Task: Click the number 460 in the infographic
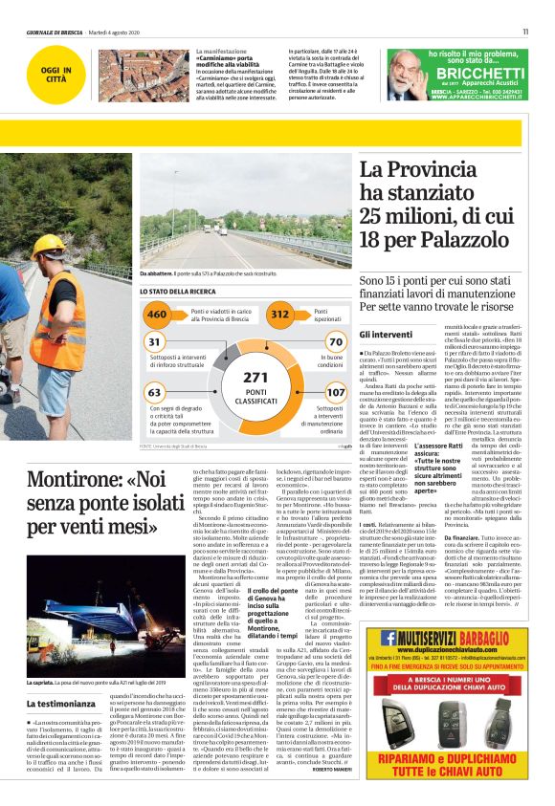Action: coord(156,315)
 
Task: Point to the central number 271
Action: coord(255,377)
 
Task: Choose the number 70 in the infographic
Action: coord(335,341)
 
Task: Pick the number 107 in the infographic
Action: coord(335,392)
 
